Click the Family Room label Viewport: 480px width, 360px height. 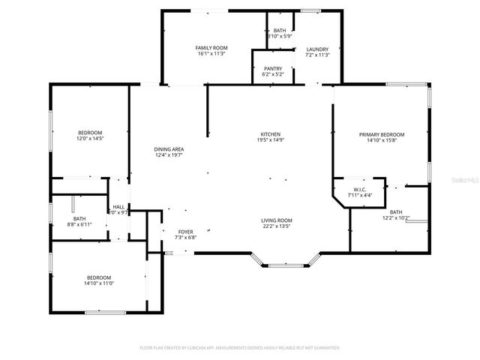point(212,48)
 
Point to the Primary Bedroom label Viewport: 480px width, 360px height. point(382,134)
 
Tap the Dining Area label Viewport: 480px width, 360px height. point(169,149)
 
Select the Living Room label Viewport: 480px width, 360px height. point(276,220)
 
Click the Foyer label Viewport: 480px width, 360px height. point(185,232)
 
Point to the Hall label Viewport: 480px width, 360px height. point(118,207)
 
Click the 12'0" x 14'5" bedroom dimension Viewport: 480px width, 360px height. point(89,139)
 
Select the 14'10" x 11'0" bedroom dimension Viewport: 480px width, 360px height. point(99,283)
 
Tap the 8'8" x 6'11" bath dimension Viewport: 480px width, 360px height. point(79,224)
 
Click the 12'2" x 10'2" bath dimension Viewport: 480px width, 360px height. point(396,218)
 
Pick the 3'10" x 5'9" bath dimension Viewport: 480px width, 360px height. point(280,36)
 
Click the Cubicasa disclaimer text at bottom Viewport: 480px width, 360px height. point(240,348)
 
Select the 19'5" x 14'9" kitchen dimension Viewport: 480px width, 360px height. point(271,139)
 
